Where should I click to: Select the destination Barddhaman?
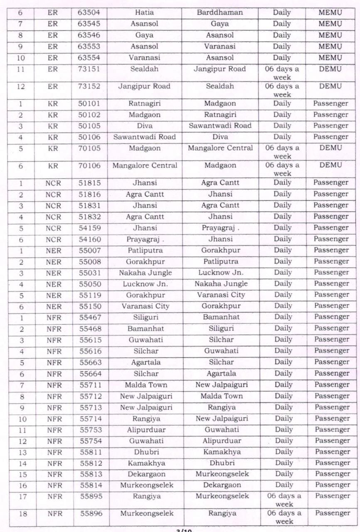click(219, 12)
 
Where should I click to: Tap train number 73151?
click(89, 69)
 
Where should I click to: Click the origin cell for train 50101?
click(145, 103)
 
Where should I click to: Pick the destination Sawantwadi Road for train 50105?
click(220, 126)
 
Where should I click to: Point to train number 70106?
click(89, 165)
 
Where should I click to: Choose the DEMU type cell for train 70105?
click(330, 148)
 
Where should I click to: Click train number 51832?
click(89, 217)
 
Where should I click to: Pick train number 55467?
click(90, 317)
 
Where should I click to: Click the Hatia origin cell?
click(144, 12)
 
